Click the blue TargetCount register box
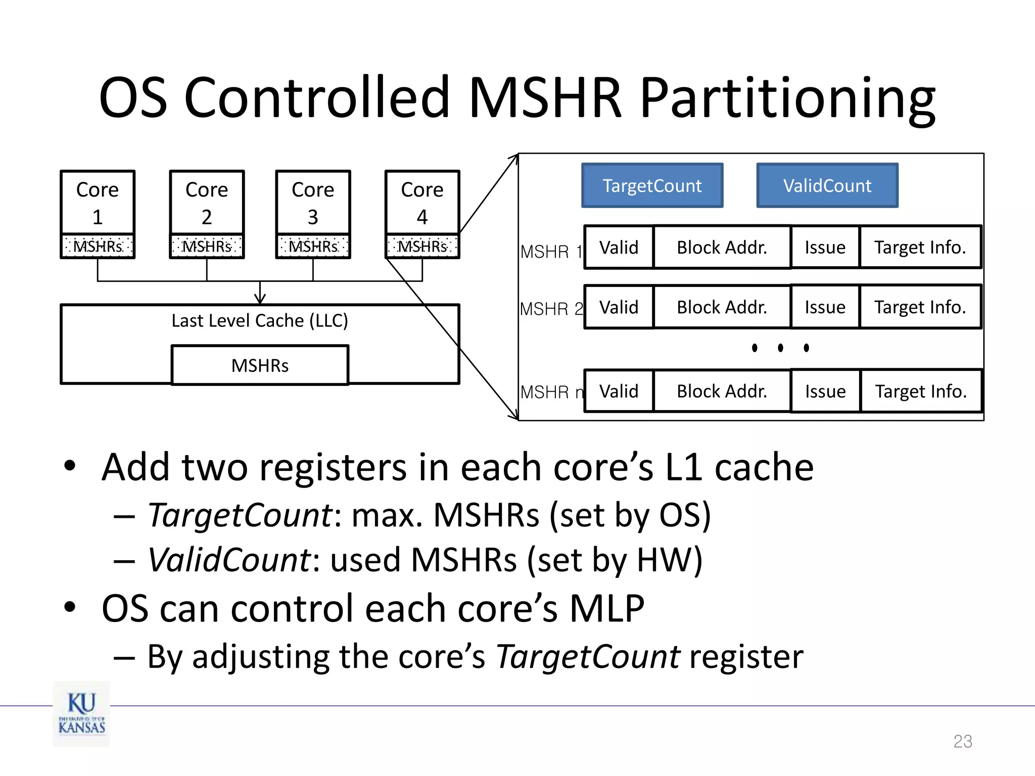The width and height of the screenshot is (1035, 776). pos(652,185)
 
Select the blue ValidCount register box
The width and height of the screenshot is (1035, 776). pos(827,185)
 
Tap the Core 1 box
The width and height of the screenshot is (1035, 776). pos(98,203)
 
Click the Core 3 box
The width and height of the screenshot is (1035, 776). pos(313,203)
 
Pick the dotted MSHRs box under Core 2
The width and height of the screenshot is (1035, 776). pos(207,247)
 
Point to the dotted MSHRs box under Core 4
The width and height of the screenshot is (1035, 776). pos(422,247)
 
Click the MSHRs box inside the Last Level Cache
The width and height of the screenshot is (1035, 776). pos(260,365)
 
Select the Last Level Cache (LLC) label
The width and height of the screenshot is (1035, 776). pos(260,321)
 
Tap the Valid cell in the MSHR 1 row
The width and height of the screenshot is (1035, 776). pos(619,248)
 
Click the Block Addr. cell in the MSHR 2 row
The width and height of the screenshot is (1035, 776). pos(722,307)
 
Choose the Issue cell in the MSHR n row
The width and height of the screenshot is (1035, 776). pos(825,392)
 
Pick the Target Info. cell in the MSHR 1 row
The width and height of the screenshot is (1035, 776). pos(920,248)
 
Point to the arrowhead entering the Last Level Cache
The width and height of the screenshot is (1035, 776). pos(260,299)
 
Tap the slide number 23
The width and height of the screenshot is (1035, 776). pos(962,741)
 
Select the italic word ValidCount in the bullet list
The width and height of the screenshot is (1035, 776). pos(229,560)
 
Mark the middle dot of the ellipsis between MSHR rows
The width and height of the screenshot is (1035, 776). pos(780,348)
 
